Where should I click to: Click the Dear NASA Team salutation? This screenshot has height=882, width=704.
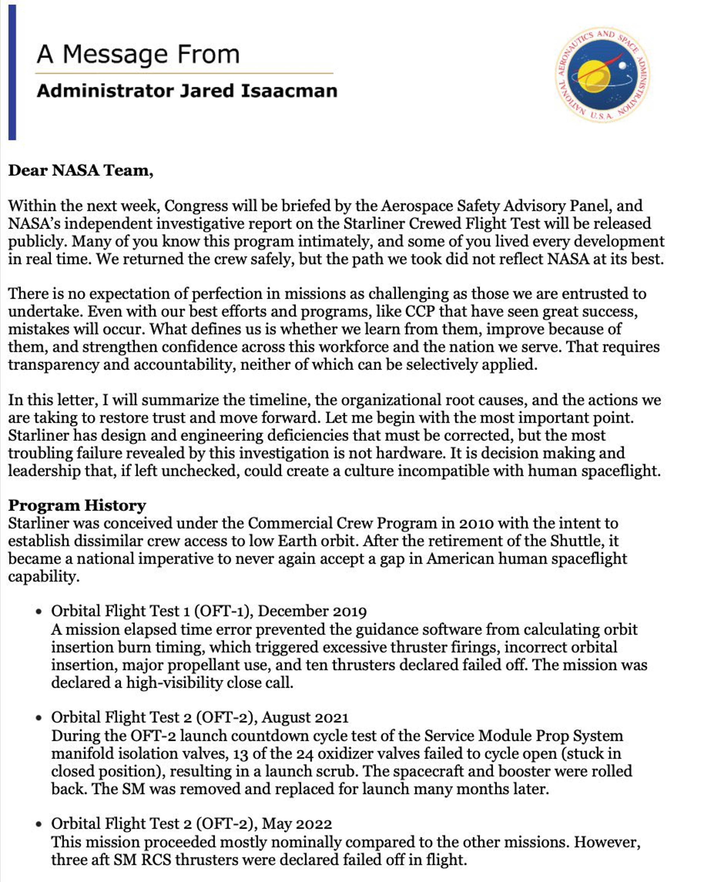coord(81,170)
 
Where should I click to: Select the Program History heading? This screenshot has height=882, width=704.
coord(77,506)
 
